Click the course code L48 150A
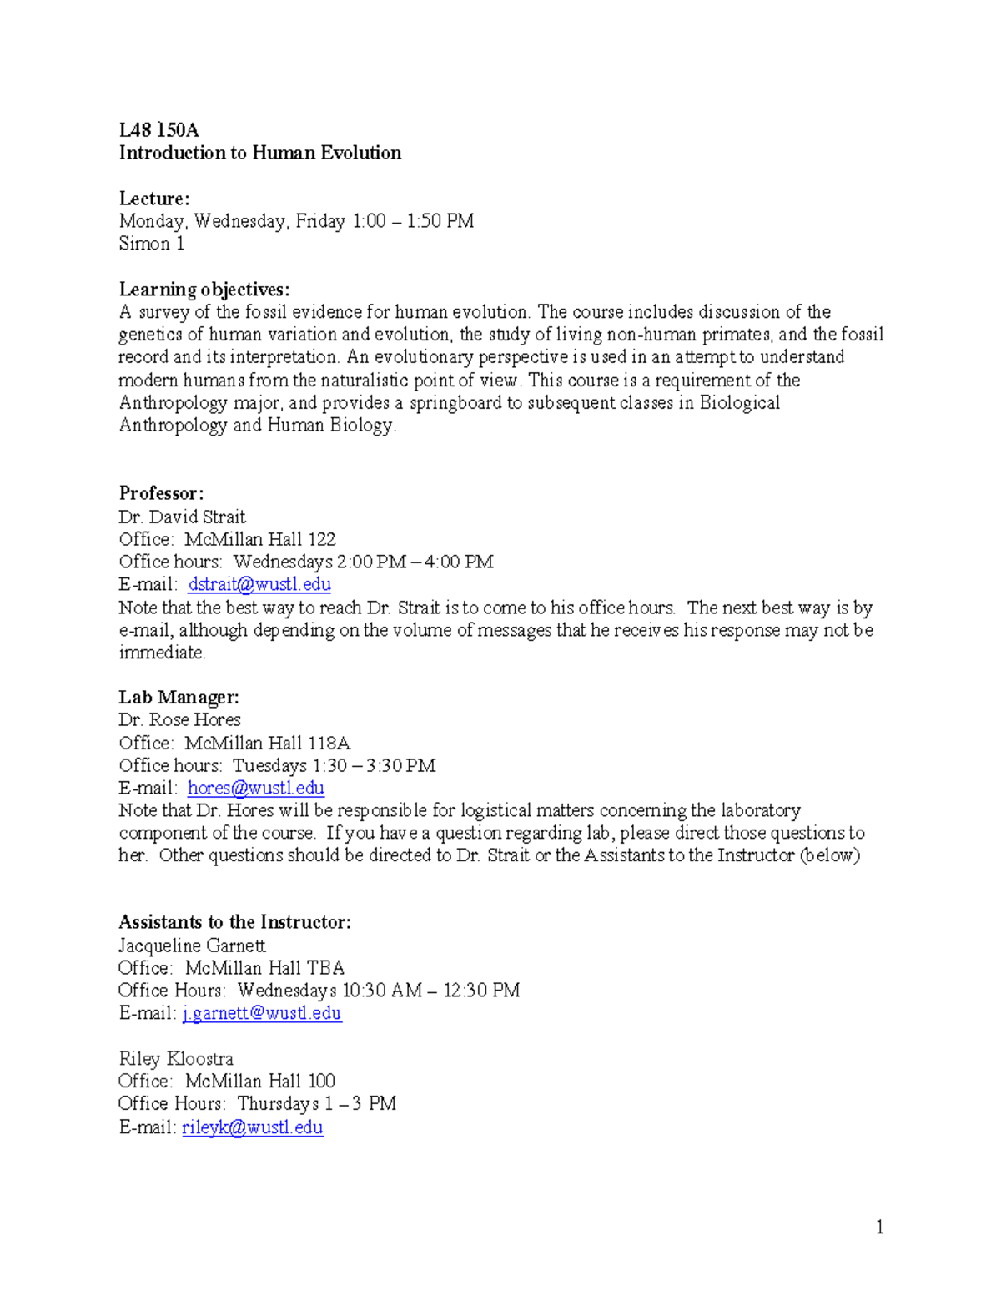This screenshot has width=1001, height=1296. (x=158, y=130)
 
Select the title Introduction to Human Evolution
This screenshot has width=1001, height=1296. (x=259, y=153)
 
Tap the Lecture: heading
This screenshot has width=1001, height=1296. (x=154, y=199)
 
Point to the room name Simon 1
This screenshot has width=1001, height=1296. (x=151, y=244)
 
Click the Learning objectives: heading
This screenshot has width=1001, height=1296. (x=204, y=290)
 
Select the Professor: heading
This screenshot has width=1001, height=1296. (x=161, y=493)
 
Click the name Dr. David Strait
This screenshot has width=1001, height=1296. (x=182, y=517)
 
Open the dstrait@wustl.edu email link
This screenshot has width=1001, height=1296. (x=259, y=584)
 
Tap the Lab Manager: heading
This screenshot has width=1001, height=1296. (x=179, y=698)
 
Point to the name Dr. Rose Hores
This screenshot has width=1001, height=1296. (x=179, y=720)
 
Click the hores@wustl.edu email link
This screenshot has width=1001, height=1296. (x=255, y=788)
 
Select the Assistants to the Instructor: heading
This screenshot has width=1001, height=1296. (x=234, y=922)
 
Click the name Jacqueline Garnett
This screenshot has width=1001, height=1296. (x=192, y=946)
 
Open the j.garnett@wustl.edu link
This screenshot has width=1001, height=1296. (x=262, y=1013)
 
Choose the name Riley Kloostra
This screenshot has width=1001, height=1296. (x=176, y=1059)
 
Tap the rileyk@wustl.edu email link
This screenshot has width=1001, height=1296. (x=253, y=1127)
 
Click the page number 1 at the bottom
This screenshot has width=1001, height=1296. (x=879, y=1227)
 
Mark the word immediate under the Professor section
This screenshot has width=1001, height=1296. (x=162, y=653)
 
